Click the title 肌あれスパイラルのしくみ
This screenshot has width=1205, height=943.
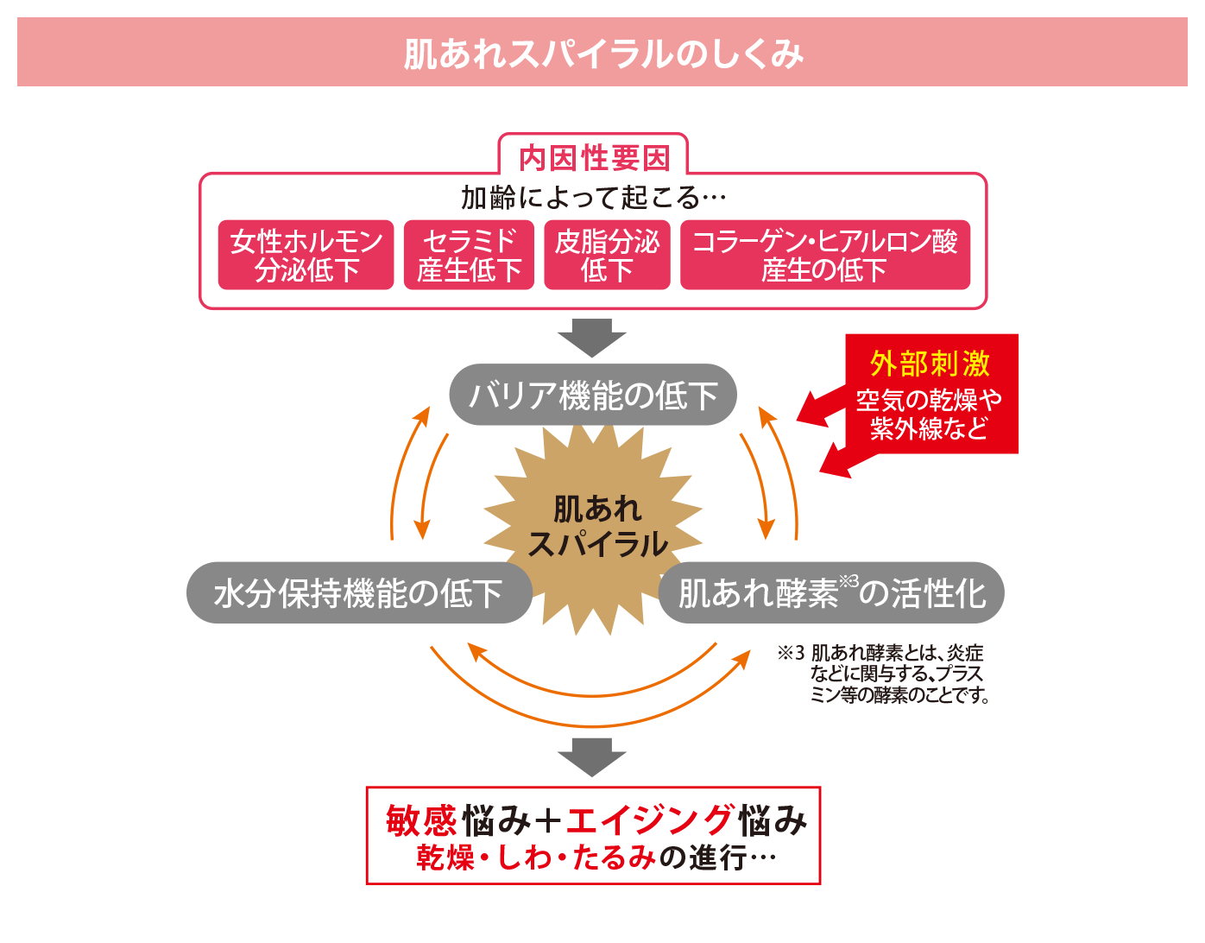pos(602,54)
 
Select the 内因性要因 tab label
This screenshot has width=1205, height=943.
pos(594,158)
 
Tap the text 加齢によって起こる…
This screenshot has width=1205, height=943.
pos(594,198)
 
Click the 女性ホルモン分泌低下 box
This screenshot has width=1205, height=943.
pos(306,256)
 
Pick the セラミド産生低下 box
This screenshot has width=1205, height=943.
pos(469,256)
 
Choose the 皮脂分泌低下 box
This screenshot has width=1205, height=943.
pos(607,256)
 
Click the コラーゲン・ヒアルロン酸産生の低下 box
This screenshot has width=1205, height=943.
pos(824,256)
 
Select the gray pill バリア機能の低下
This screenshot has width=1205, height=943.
pos(593,396)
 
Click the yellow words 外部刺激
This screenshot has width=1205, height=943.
pos(930,364)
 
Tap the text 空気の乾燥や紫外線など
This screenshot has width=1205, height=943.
pos(930,414)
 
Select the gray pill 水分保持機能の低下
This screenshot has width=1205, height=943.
pos(358,593)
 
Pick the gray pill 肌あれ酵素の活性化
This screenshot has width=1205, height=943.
pos(831,593)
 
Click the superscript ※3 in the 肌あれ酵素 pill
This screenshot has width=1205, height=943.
pos(849,581)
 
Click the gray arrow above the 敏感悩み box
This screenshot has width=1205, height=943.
pos(591,757)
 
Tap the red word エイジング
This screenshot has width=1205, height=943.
pos(651,820)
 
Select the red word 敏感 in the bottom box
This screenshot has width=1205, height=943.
pos(420,820)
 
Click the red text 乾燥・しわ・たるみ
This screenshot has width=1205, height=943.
pos(535,858)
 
